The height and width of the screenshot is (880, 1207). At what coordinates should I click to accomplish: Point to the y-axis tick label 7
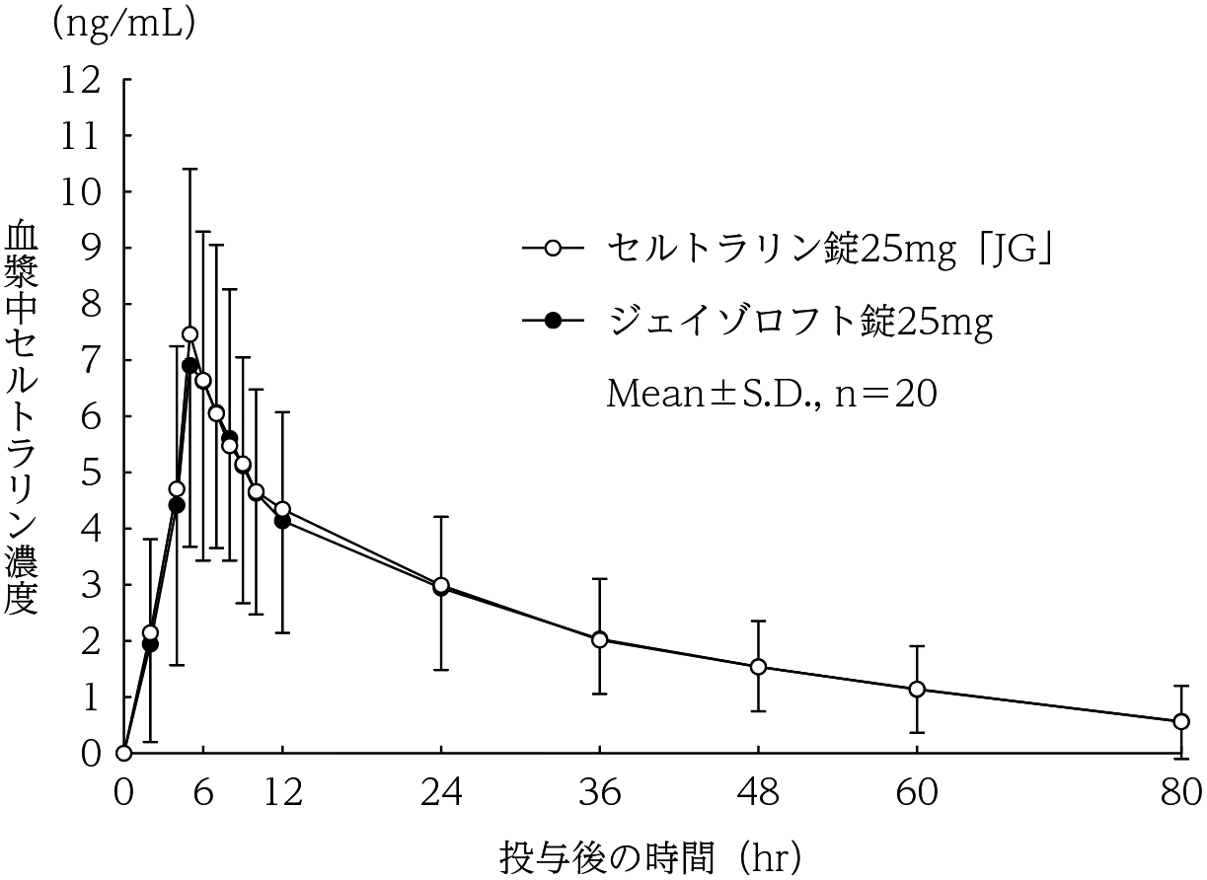point(93,360)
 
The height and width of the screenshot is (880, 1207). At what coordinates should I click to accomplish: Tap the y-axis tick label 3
point(93,585)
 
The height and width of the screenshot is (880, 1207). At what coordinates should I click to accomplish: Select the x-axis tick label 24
point(441,791)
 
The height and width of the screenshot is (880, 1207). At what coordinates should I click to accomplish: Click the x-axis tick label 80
point(1179,791)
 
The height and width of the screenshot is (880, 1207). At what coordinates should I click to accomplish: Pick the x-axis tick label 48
point(758,791)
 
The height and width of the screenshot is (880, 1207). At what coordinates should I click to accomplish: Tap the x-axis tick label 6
point(203,791)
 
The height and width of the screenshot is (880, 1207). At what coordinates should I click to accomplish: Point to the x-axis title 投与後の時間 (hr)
point(649,851)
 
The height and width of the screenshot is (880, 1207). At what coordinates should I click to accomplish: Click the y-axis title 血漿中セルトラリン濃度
point(22,418)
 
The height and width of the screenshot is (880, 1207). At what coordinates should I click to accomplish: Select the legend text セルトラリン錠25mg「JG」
point(826,249)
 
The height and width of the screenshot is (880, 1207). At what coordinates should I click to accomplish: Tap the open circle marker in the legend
point(553,249)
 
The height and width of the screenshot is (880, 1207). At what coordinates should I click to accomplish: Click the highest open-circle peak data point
point(189,334)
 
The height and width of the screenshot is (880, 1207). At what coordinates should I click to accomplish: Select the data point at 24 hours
point(441,586)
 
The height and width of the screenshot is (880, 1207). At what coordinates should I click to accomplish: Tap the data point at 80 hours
point(1180,722)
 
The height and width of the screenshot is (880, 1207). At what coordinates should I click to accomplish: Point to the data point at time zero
point(123,754)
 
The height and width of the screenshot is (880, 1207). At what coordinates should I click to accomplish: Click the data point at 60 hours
point(917,689)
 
